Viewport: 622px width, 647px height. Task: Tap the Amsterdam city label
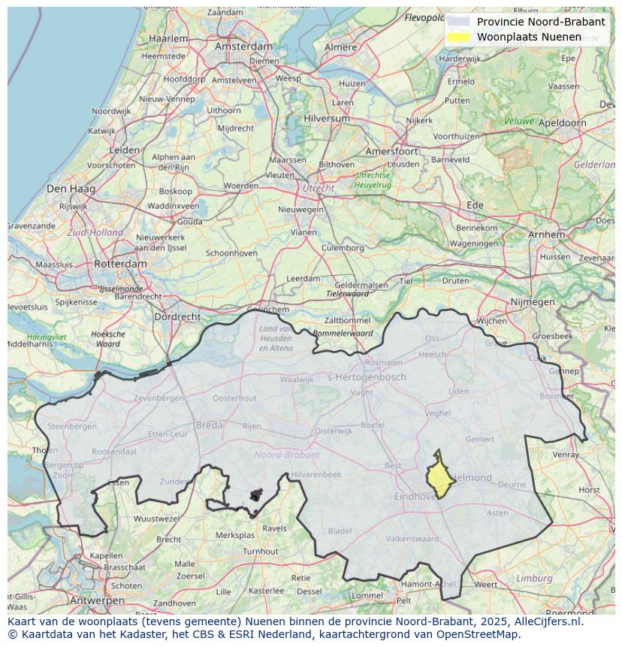243,46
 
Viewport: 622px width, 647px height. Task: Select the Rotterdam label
120,264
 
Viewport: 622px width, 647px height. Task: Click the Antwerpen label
97,601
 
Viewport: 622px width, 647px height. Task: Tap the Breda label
209,425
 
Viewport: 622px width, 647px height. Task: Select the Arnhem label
546,234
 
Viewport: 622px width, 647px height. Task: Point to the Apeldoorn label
563,122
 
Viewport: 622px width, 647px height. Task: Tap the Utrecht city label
318,188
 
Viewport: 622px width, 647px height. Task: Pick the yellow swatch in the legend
457,37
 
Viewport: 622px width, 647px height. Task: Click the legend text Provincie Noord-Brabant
540,22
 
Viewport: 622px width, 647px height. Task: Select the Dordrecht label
177,317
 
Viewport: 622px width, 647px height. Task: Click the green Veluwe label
518,121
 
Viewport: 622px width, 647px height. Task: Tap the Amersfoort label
391,151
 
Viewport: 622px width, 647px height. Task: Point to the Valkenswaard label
412,539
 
